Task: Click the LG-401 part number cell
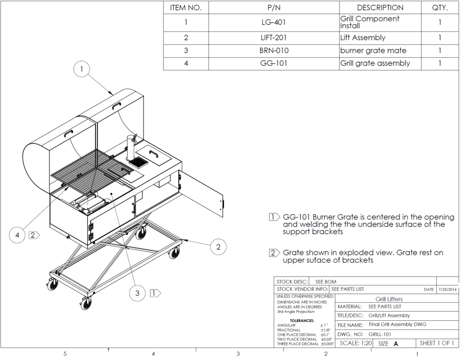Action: pyautogui.click(x=274, y=22)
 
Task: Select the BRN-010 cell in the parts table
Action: pyautogui.click(x=274, y=50)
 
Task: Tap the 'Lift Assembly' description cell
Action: pyautogui.click(x=363, y=38)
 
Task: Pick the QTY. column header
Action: pyautogui.click(x=439, y=8)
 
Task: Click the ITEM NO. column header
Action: pyautogui.click(x=186, y=8)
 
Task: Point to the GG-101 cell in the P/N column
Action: pyautogui.click(x=274, y=63)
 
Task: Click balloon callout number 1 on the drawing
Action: pyautogui.click(x=82, y=70)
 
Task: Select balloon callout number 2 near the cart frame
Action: pyautogui.click(x=219, y=247)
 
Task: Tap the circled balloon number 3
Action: pyautogui.click(x=137, y=293)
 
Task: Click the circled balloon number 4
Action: pyautogui.click(x=18, y=235)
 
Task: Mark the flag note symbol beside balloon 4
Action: pyautogui.click(x=34, y=235)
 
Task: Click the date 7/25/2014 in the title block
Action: pyautogui.click(x=447, y=289)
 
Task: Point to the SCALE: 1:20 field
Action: pyautogui.click(x=356, y=343)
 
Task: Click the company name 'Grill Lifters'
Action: pyautogui.click(x=389, y=299)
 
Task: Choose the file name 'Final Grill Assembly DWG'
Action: pyautogui.click(x=397, y=325)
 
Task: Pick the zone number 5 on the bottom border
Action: pyautogui.click(x=65, y=354)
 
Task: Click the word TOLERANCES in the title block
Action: pyautogui.click(x=301, y=320)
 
